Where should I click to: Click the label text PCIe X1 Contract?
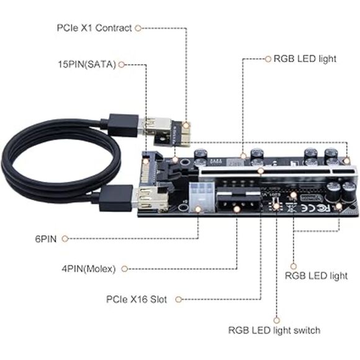[94, 28]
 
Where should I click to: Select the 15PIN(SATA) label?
[87, 64]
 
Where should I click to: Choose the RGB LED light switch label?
[274, 330]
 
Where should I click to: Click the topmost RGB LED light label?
[300, 59]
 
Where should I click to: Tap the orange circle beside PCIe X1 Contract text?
[138, 28]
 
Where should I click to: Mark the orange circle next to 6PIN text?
[65, 238]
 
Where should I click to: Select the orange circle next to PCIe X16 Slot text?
[180, 299]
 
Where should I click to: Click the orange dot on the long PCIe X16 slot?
[261, 169]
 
